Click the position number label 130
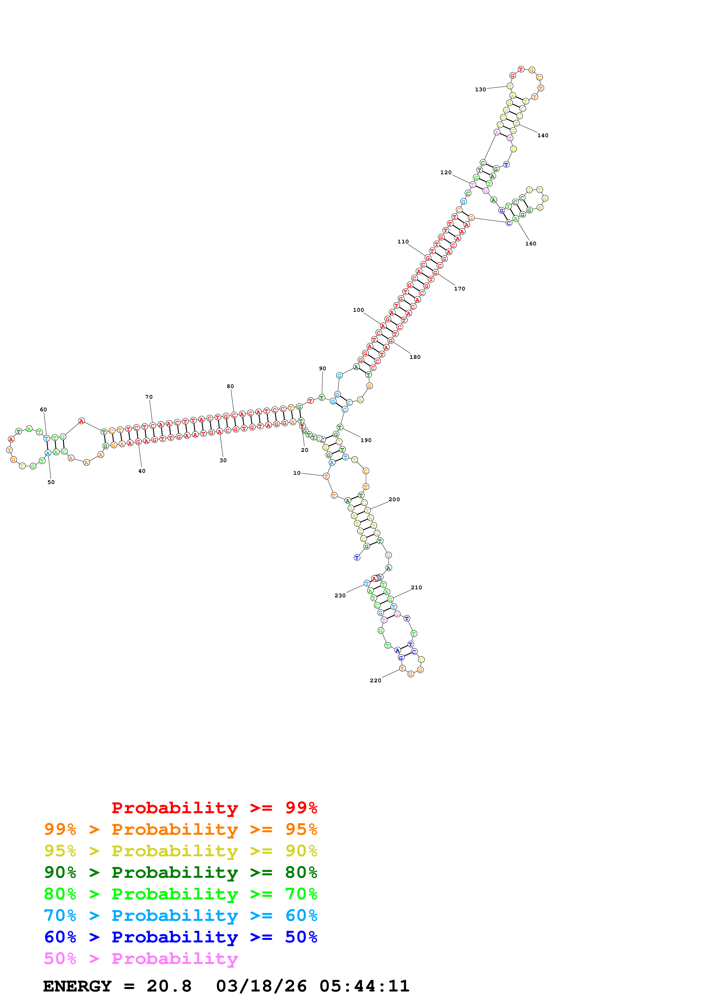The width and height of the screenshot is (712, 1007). (x=481, y=90)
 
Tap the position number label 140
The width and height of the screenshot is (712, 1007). (x=543, y=135)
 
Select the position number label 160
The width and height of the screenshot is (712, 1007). (x=530, y=244)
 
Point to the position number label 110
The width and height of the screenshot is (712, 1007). (x=403, y=242)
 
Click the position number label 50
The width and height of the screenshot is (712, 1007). (x=51, y=483)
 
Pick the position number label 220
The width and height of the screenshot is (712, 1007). (x=375, y=681)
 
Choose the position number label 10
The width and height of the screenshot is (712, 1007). (x=297, y=473)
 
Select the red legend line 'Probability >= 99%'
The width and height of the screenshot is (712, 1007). (x=214, y=808)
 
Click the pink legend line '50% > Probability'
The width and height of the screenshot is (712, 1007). (x=140, y=959)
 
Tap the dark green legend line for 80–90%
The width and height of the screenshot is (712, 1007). (x=180, y=873)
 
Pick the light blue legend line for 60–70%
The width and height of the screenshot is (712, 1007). (x=180, y=916)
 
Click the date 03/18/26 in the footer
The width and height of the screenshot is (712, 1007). (x=261, y=986)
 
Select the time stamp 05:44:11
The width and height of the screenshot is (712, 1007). (x=364, y=986)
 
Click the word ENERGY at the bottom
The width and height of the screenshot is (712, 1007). (x=77, y=986)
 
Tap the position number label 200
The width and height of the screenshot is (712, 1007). (x=394, y=499)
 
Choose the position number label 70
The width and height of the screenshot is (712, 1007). (x=149, y=397)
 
